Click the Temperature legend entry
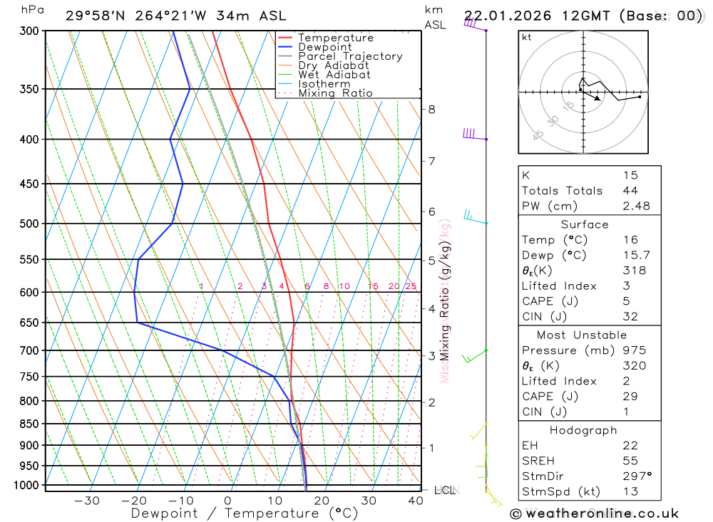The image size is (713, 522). pos(335,38)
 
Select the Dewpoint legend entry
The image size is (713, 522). pos(324,47)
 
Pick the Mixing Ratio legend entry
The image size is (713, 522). pos(335,93)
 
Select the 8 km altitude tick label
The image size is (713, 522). pos(431,109)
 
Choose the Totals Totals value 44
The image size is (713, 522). pos(630,190)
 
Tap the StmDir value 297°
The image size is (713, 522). pos(637,476)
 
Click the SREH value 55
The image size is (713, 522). pos(630,460)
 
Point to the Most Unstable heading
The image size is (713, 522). pos(583,335)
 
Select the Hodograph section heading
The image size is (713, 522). pos(583,430)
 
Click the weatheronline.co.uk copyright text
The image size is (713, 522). pos(594,513)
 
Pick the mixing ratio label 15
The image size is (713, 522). pos(373,286)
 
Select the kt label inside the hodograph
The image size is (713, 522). pos(527,38)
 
